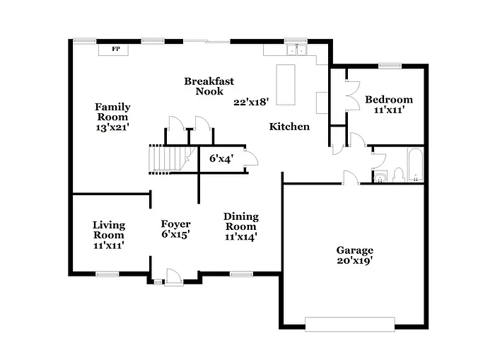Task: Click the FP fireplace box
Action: pyautogui.click(x=115, y=49)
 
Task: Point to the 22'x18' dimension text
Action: pyautogui.click(x=251, y=102)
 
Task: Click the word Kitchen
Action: pyautogui.click(x=289, y=127)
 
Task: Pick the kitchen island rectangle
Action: pyautogui.click(x=285, y=84)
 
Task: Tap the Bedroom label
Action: pyautogui.click(x=388, y=100)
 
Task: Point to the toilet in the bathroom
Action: pyautogui.click(x=397, y=175)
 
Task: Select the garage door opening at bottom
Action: pyautogui.click(x=349, y=324)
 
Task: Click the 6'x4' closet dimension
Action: pyautogui.click(x=221, y=158)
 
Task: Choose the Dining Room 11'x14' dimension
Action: pyautogui.click(x=240, y=236)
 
